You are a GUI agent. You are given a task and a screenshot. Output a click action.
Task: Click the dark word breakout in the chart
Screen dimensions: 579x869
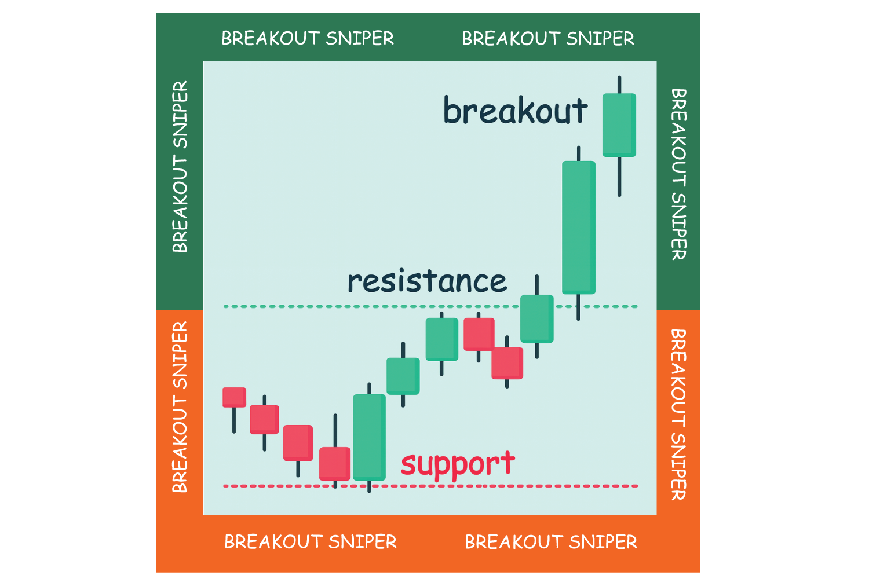pos(515,111)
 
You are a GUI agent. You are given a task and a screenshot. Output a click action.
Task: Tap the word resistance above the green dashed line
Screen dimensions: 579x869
pos(427,281)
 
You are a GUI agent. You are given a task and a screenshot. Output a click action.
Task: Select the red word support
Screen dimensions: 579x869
pos(457,464)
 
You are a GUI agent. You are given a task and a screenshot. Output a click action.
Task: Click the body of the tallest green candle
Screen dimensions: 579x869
pos(578,227)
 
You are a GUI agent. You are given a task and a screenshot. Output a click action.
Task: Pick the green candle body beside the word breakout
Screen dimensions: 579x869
pos(619,125)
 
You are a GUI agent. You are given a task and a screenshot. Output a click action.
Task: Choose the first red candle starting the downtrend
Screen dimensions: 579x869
pos(234,397)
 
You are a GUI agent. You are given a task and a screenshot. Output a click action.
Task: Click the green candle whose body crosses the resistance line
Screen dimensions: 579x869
pos(536,318)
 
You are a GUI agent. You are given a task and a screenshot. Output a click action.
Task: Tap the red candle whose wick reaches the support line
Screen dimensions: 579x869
pos(334,463)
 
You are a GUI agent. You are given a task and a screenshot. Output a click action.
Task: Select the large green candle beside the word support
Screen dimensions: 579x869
pos(369,437)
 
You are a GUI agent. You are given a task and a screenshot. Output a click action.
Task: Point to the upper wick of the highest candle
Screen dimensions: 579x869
pos(619,85)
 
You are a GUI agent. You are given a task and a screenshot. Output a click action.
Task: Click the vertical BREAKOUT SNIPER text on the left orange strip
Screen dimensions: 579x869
pos(180,407)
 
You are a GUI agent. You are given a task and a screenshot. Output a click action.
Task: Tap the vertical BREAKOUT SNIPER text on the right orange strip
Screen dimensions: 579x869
pos(678,415)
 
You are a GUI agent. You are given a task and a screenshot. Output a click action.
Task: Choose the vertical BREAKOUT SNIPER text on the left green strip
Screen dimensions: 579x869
pos(180,167)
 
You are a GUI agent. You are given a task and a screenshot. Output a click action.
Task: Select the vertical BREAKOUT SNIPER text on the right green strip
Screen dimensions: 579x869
pos(678,174)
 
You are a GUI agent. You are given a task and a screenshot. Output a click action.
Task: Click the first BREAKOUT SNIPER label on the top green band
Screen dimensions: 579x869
pos(308,38)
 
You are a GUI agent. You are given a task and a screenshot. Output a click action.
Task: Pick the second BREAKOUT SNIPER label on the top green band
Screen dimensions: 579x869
pos(548,38)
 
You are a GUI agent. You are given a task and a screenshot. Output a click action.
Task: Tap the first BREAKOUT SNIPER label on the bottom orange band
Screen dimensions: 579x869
pos(311,542)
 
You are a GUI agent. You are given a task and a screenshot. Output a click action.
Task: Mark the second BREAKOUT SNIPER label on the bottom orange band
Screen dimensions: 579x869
pos(551,542)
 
